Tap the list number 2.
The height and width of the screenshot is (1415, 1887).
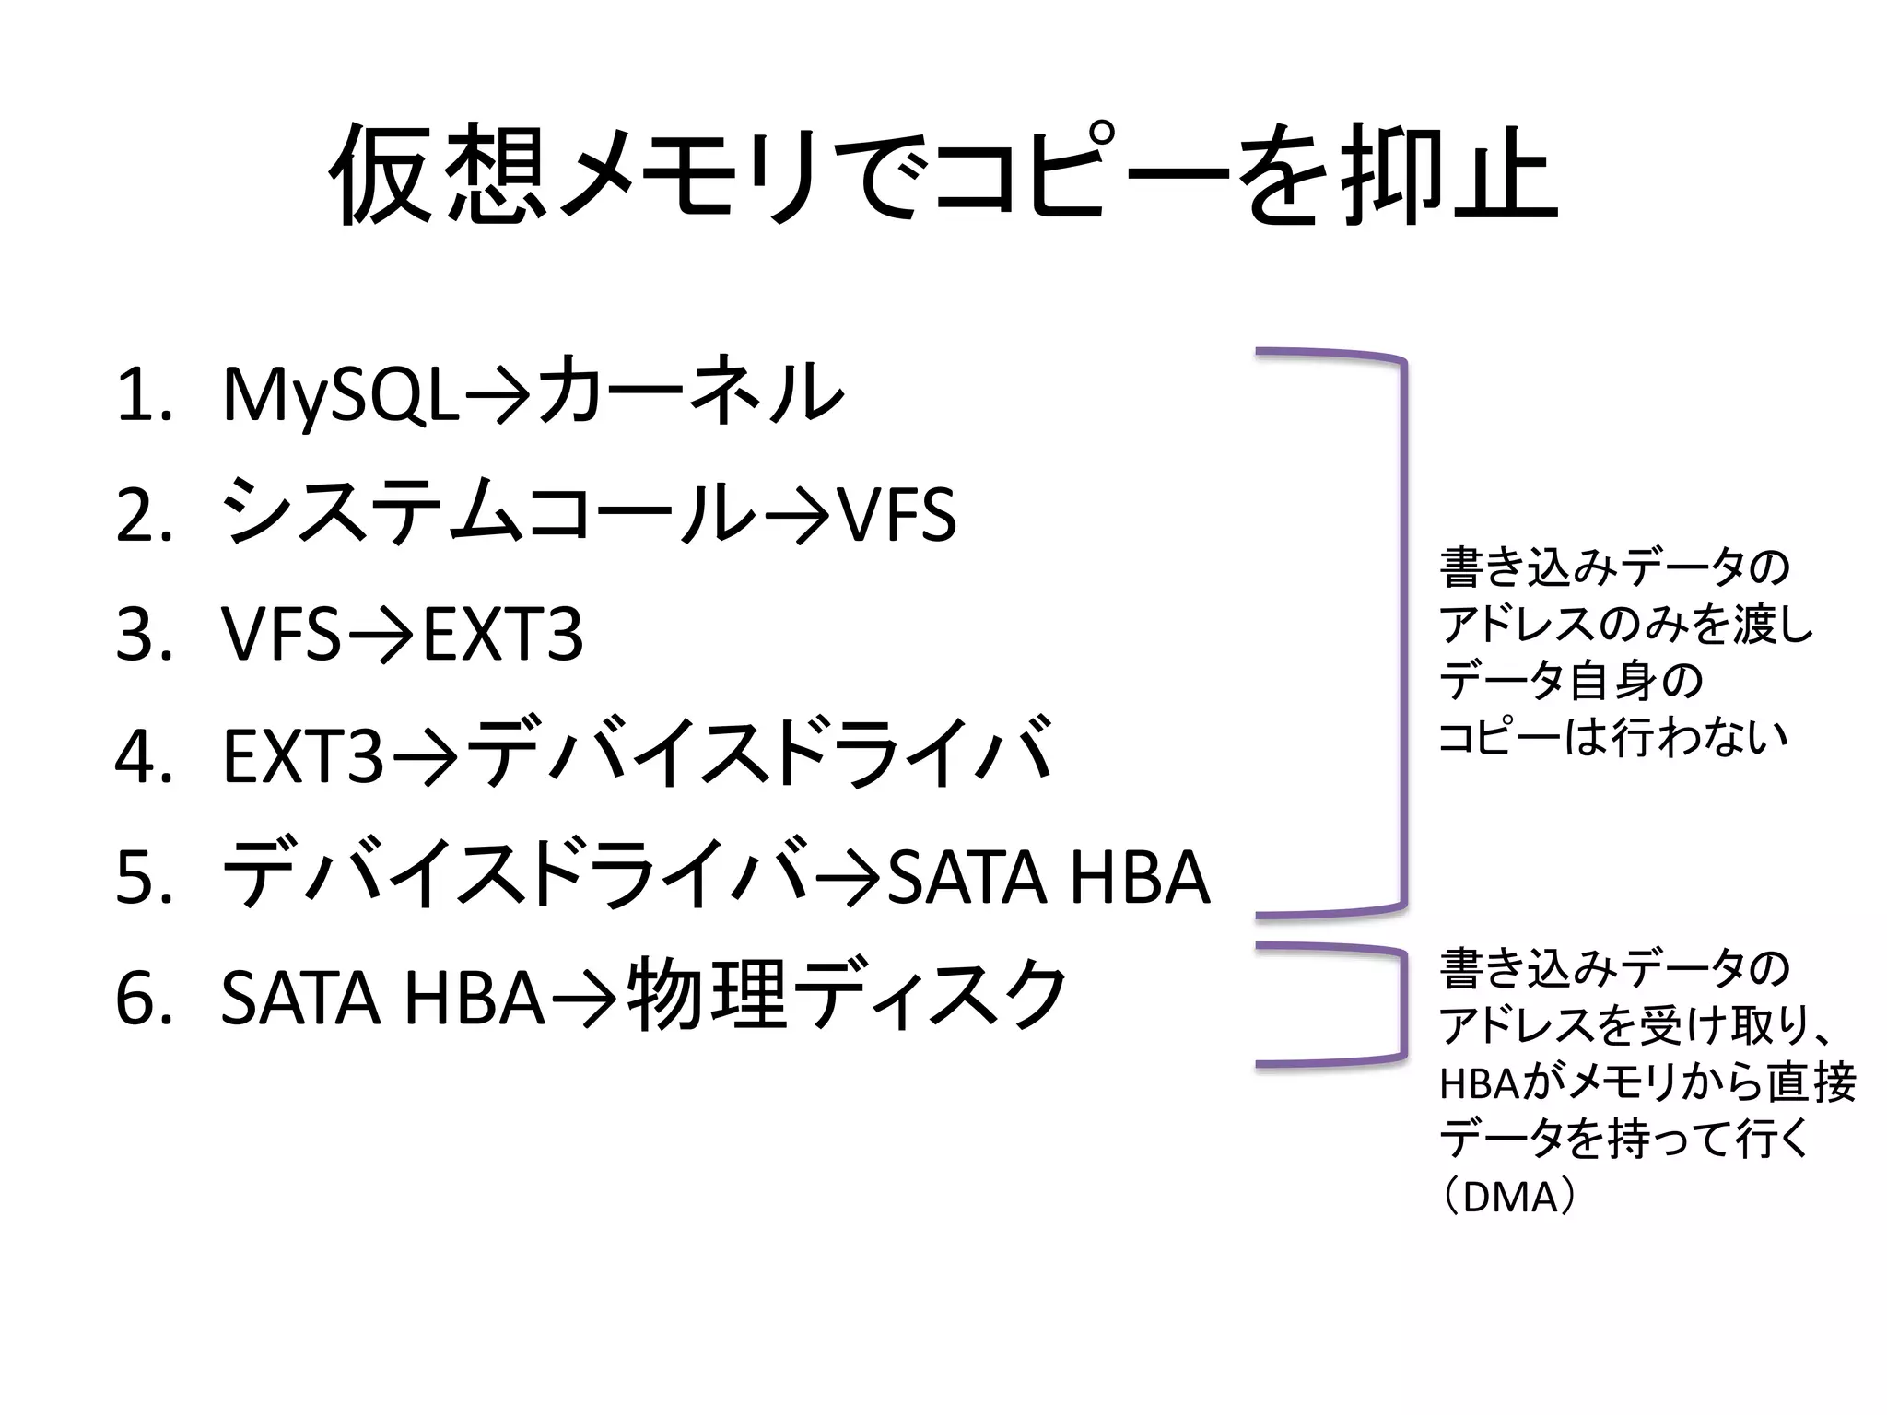(x=144, y=516)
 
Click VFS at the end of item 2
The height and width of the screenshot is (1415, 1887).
(x=896, y=516)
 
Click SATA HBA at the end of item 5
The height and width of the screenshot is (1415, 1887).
(x=1047, y=878)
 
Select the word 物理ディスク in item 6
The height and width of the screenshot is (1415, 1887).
(x=846, y=998)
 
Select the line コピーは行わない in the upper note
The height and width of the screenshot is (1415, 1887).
(x=1612, y=737)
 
